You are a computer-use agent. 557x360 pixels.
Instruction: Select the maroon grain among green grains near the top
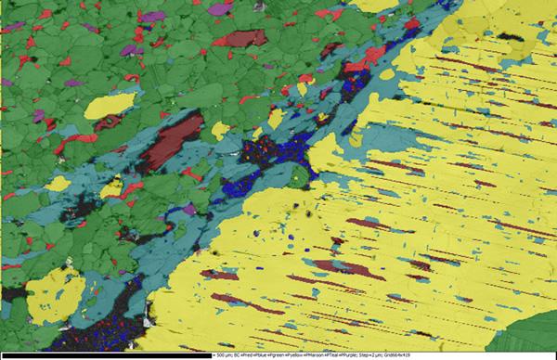click(x=243, y=39)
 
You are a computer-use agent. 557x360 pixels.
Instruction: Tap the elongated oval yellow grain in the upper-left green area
click(x=110, y=105)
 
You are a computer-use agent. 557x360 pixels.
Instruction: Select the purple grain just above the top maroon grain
click(x=219, y=8)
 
